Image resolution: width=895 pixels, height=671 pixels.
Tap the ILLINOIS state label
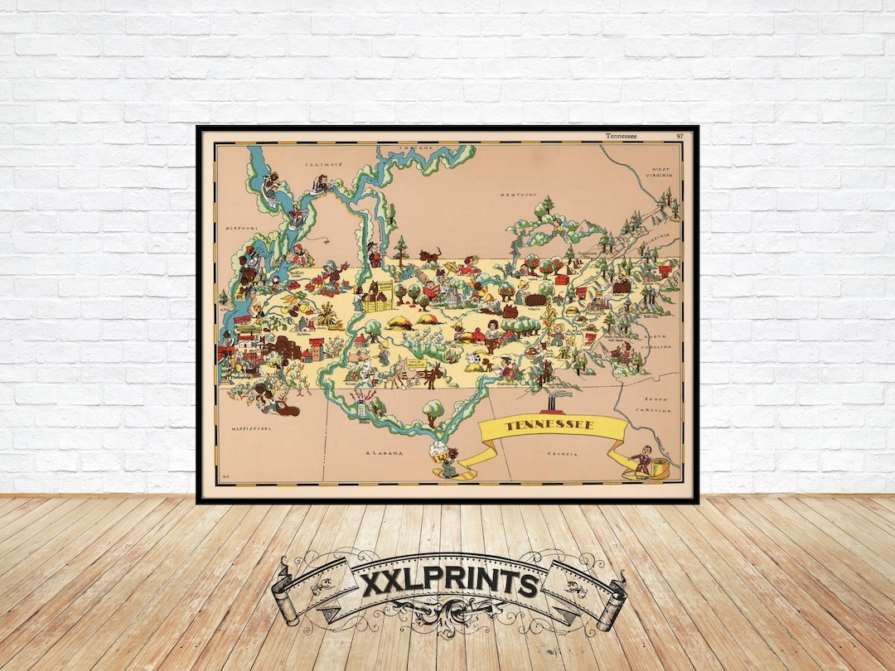coord(323,164)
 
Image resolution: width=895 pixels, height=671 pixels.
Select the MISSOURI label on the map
coord(241,227)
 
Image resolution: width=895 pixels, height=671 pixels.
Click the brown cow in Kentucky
coord(429,254)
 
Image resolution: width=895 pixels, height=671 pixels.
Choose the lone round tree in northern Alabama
coord(433,409)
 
